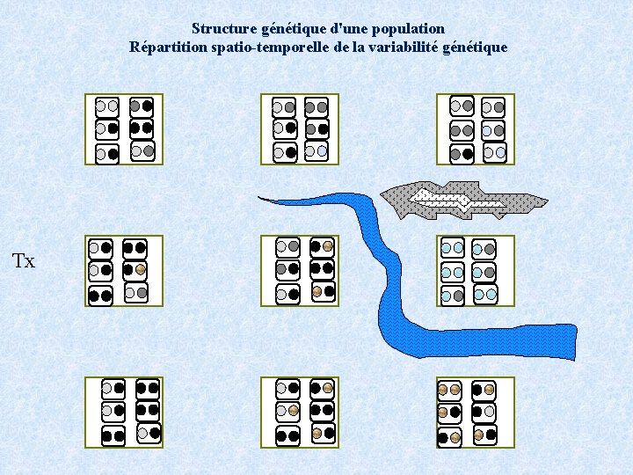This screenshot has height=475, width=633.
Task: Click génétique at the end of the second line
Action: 477,47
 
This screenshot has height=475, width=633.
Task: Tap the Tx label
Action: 24,261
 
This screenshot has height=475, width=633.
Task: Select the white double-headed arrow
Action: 458,201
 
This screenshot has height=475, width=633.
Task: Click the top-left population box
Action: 124,129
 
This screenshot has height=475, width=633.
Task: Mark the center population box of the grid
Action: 300,270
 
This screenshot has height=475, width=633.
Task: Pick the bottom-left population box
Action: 124,411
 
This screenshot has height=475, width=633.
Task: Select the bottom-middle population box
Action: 300,411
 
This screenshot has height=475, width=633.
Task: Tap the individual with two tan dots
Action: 449,390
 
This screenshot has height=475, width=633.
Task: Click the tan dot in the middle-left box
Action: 140,269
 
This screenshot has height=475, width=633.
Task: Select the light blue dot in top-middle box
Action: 323,151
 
